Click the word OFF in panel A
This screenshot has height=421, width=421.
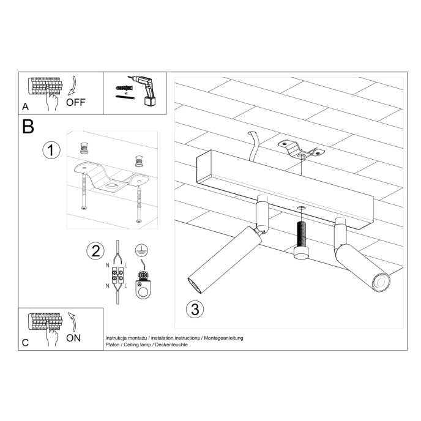click(75, 102)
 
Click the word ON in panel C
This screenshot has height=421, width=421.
click(73, 338)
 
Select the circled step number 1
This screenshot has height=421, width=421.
click(51, 150)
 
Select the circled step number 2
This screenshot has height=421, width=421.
click(95, 250)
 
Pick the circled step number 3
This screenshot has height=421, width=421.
click(194, 309)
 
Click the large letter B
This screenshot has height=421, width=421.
click(28, 127)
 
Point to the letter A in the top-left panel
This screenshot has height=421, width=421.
click(25, 106)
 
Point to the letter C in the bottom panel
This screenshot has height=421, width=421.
click(25, 343)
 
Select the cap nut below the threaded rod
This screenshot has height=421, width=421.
click(300, 253)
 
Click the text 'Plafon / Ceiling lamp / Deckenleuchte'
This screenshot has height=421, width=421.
click(147, 345)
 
